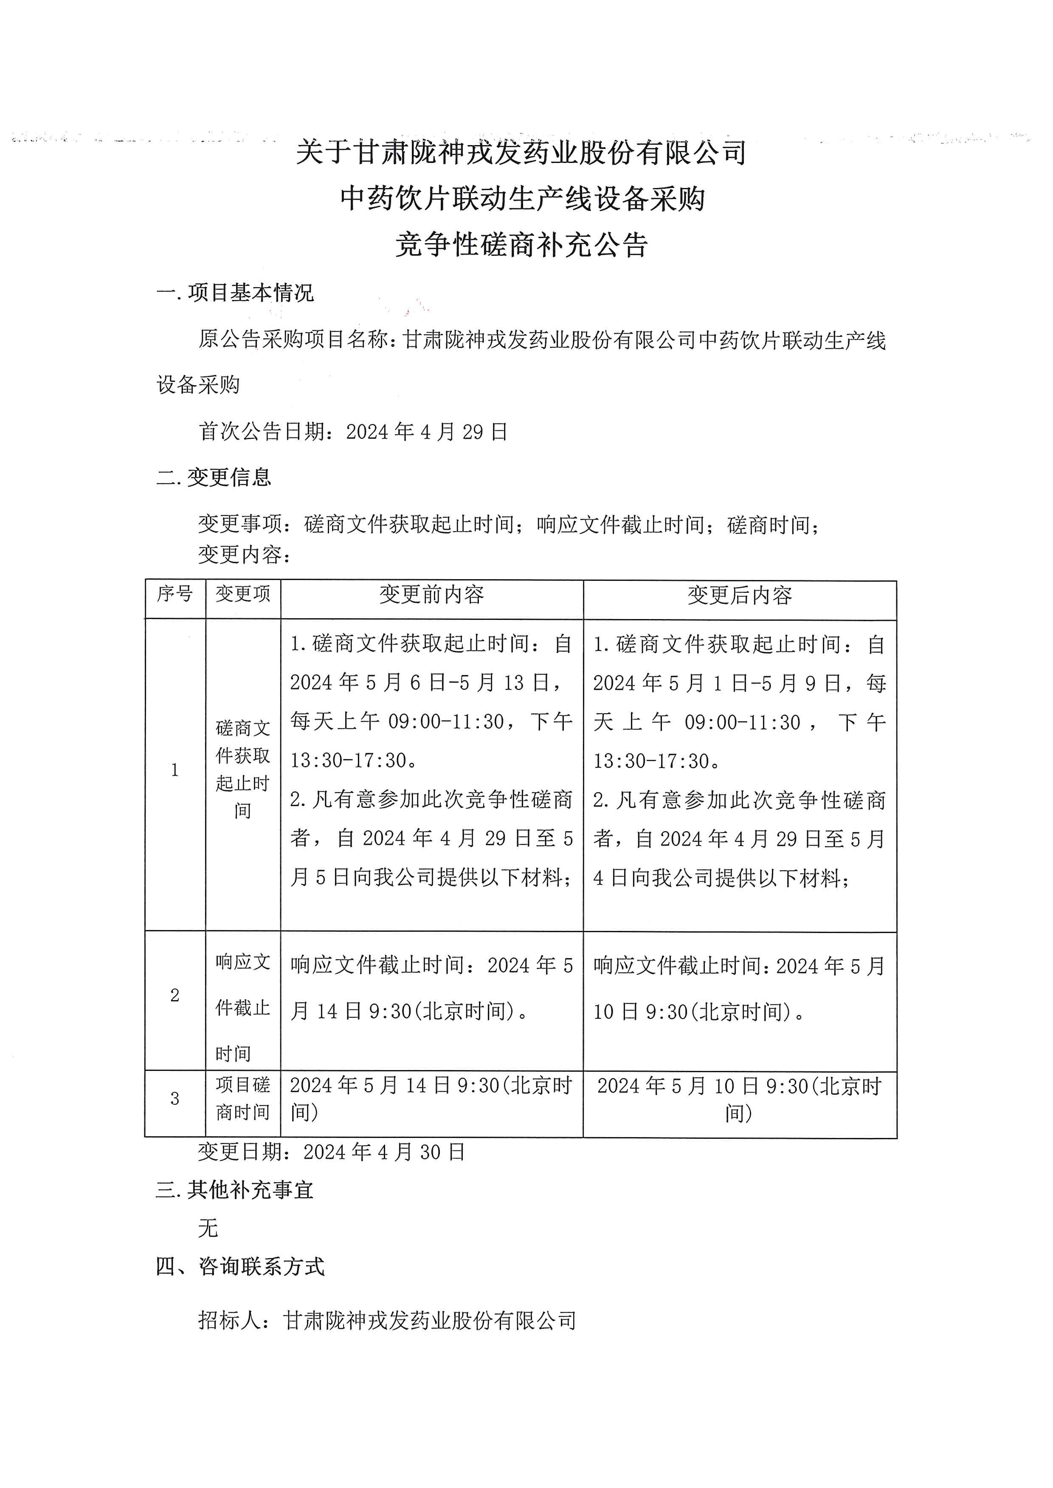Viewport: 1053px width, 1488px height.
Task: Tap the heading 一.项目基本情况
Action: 235,293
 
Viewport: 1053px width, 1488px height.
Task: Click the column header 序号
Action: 175,594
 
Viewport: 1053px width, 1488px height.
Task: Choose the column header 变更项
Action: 242,594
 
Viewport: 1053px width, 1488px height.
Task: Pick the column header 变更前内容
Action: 431,594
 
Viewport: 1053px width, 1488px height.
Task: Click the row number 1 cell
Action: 175,770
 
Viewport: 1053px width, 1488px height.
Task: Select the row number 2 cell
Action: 175,995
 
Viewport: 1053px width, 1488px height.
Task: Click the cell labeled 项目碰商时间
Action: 242,1098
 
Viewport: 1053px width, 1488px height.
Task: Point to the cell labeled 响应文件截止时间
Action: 242,1008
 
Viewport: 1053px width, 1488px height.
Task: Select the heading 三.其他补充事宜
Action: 235,1190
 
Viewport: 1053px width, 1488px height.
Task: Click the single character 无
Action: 208,1228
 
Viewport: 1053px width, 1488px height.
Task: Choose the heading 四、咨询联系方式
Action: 240,1267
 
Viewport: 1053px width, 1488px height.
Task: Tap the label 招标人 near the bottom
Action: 230,1320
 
